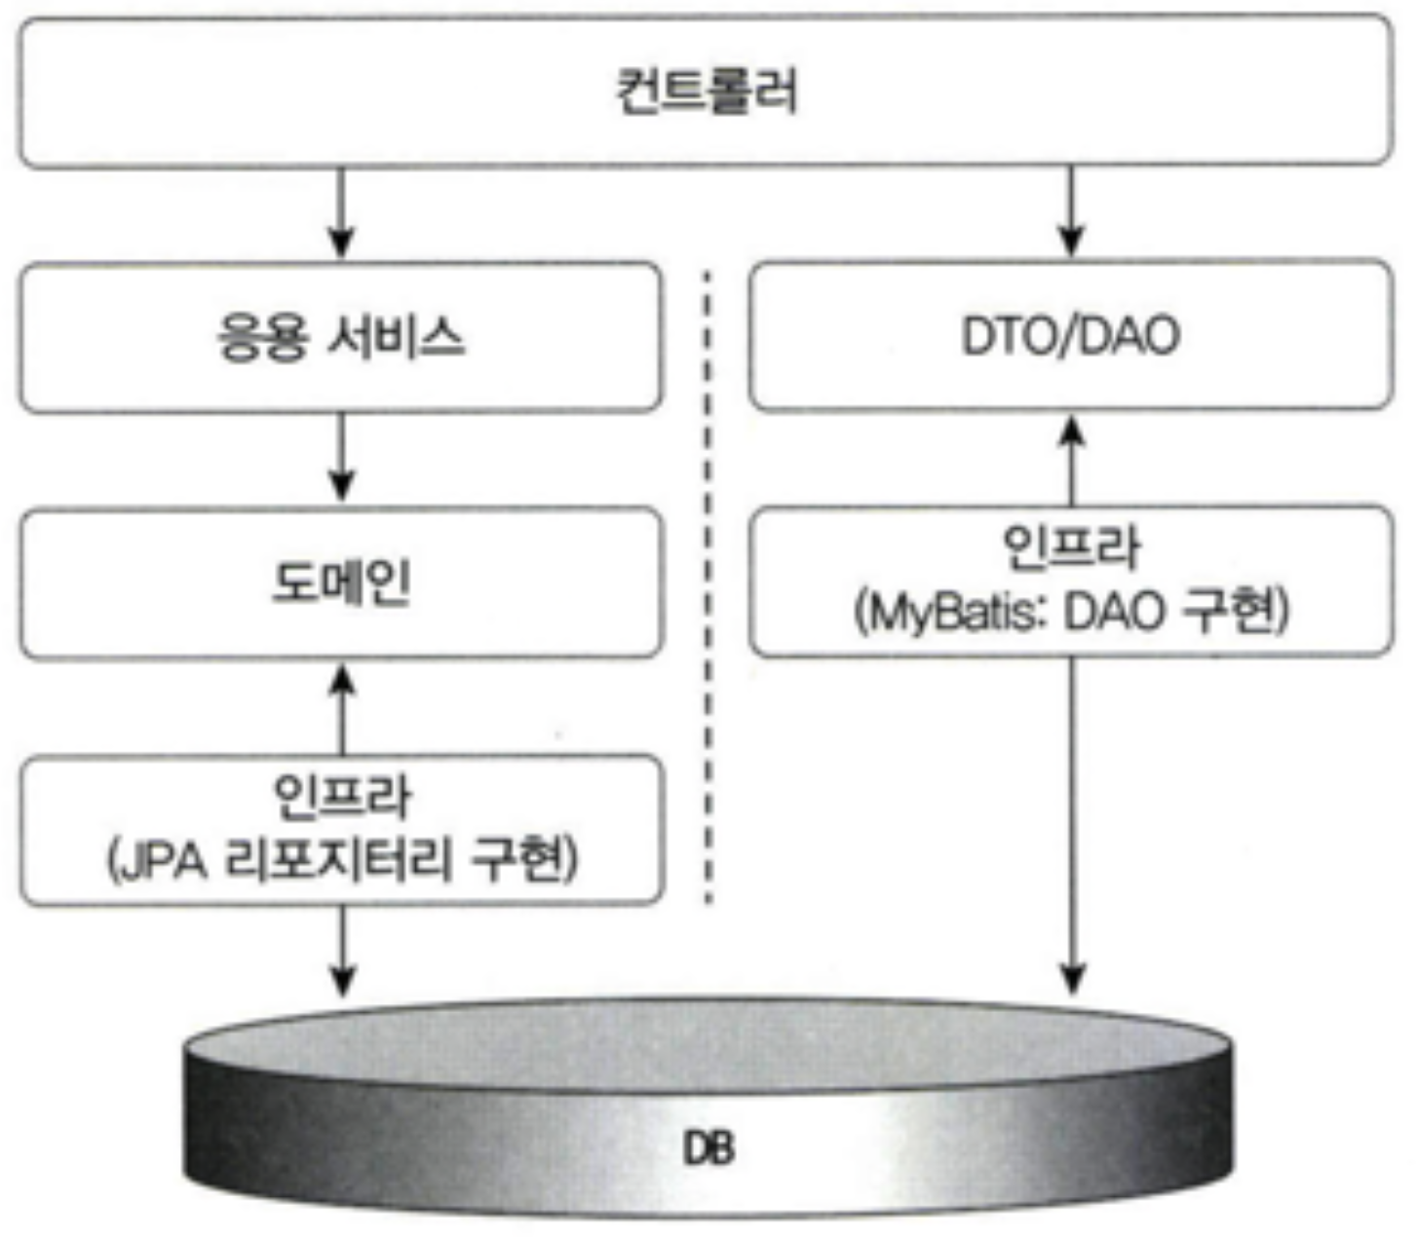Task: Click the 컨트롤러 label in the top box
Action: click(x=707, y=91)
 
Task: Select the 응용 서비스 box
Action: click(x=340, y=337)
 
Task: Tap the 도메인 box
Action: click(x=340, y=582)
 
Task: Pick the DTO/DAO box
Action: click(x=1070, y=335)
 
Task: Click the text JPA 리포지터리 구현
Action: click(x=343, y=860)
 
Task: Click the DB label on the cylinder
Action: click(x=709, y=1149)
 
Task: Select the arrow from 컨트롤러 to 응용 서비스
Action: click(x=340, y=212)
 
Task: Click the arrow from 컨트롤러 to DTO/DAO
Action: click(x=1071, y=210)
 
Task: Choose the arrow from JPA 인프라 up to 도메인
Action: click(x=340, y=708)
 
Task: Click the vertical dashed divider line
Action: click(x=708, y=584)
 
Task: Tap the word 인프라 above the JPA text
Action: click(x=342, y=797)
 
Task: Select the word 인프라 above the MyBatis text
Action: click(x=1071, y=548)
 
